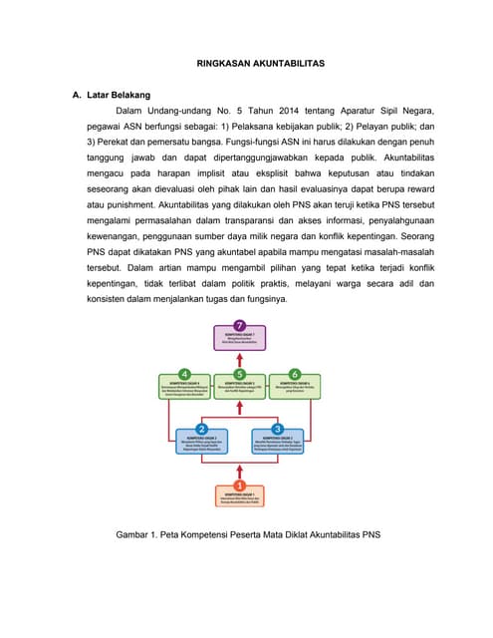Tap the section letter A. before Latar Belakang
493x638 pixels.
coord(76,95)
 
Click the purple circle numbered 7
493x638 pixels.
coord(240,325)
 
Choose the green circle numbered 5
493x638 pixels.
coord(240,374)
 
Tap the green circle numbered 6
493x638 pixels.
coord(295,374)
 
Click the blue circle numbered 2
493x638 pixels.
coord(201,429)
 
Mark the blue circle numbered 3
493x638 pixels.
coord(278,429)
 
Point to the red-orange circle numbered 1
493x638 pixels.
coord(240,484)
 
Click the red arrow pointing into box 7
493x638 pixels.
coord(240,356)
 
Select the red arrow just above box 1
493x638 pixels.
coord(240,467)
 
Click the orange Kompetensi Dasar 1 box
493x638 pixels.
coord(240,495)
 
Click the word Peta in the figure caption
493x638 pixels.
coord(175,535)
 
